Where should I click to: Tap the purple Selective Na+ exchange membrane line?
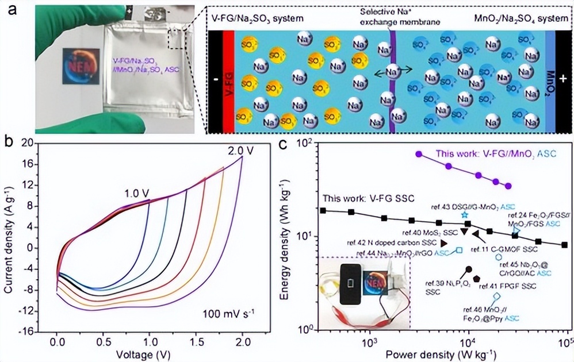392,80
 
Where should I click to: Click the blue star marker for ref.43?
465,214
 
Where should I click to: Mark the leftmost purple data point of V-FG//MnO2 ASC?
419,154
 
